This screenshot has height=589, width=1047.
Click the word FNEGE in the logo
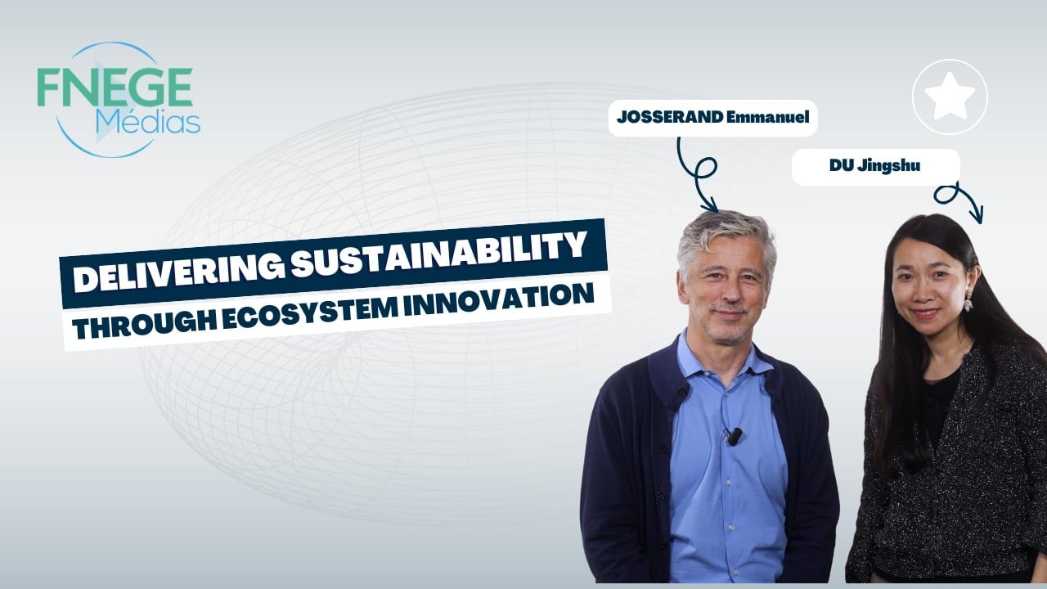pyautogui.click(x=115, y=88)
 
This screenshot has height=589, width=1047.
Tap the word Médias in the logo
pyautogui.click(x=148, y=123)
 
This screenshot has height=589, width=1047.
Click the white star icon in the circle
pyautogui.click(x=950, y=96)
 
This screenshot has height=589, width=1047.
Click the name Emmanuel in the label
pyautogui.click(x=768, y=117)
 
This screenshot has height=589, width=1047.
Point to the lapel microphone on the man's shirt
pyautogui.click(x=734, y=436)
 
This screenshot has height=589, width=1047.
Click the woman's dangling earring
pyautogui.click(x=968, y=300)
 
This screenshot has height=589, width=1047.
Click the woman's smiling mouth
pyautogui.click(x=925, y=313)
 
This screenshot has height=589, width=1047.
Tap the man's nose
pyautogui.click(x=728, y=292)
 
